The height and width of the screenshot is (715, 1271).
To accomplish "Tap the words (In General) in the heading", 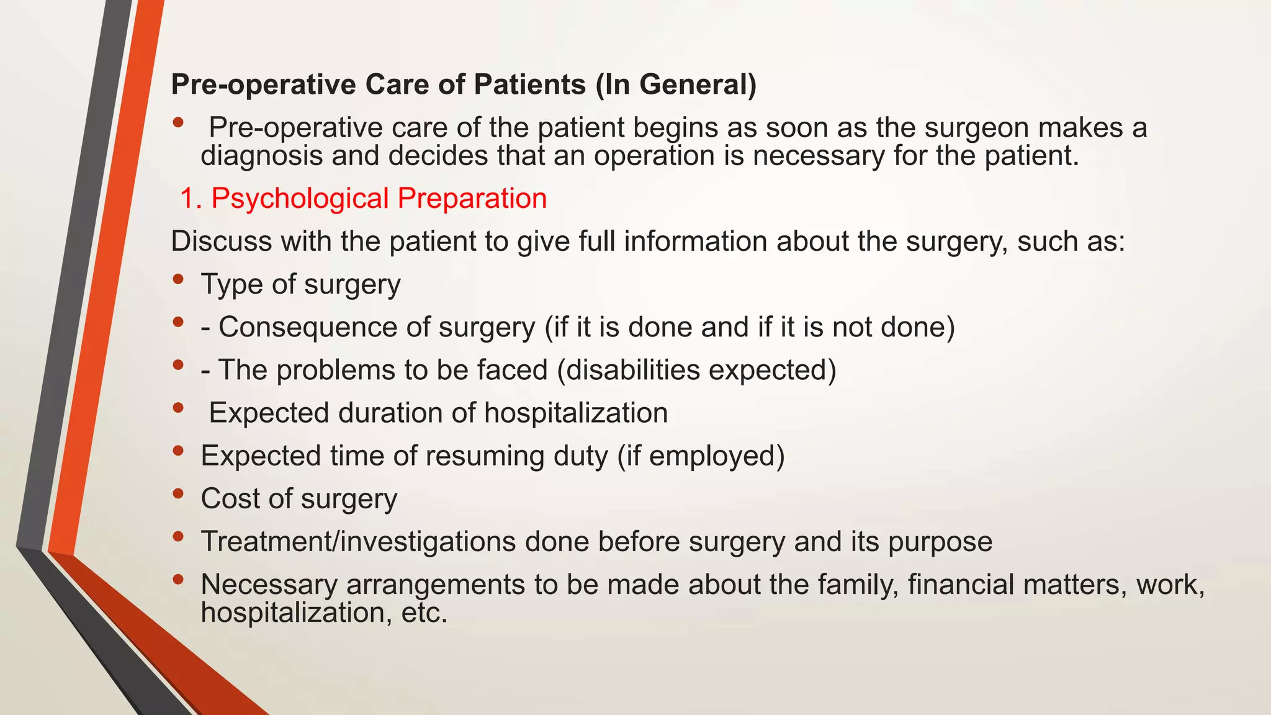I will click(676, 84).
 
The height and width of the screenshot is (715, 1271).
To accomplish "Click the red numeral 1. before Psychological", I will click(191, 199).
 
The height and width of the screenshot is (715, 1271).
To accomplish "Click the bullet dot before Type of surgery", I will click(179, 279).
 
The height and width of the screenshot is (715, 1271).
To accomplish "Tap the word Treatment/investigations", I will click(358, 541).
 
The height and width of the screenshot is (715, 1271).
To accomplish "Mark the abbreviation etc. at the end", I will click(424, 613).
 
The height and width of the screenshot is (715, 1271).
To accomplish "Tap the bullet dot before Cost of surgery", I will click(179, 493).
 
